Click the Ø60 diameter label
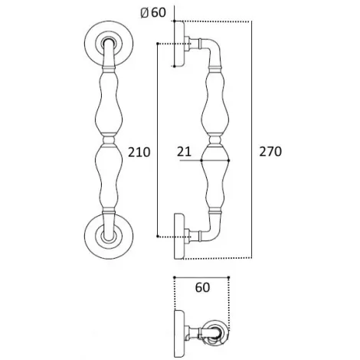point(153,12)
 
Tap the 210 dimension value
point(139,152)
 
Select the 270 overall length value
point(270,152)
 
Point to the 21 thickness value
point(184,152)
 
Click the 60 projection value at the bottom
point(202,287)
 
